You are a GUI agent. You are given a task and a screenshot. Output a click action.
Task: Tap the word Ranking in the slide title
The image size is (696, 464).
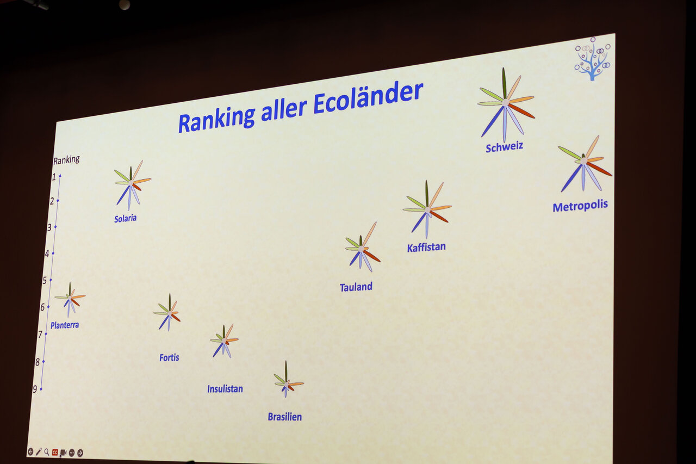(x=217, y=119)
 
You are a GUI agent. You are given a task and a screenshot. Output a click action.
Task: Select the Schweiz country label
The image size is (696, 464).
(x=504, y=147)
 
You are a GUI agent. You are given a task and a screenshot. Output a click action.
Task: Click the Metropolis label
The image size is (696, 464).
(x=580, y=206)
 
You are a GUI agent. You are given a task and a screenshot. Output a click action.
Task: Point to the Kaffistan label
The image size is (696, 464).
(x=426, y=248)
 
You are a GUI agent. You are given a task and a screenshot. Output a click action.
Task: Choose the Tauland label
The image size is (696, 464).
(x=356, y=287)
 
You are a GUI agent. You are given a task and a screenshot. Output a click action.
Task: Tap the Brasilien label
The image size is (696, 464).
(x=284, y=417)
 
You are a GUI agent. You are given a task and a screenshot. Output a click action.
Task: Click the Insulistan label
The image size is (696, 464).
(x=225, y=388)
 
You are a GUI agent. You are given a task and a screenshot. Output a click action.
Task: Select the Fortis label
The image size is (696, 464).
(x=169, y=357)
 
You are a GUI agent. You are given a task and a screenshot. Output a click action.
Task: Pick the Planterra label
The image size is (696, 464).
(x=65, y=325)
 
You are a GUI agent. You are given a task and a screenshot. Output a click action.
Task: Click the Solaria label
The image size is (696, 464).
(x=125, y=219)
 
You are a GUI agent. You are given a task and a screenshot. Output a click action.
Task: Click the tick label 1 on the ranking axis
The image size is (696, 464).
(x=54, y=177)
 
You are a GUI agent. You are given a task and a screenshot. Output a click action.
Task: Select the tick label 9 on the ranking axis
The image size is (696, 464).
(x=35, y=389)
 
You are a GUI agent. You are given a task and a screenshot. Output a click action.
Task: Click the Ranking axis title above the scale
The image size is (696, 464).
(x=66, y=160)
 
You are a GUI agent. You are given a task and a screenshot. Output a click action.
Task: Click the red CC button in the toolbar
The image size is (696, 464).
(x=55, y=452)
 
